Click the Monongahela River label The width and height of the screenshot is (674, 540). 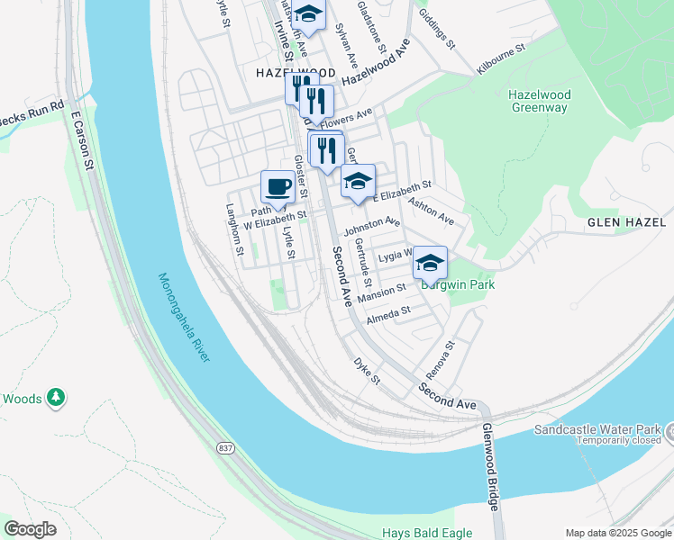(x=183, y=318)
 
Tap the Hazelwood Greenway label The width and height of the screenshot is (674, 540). (x=538, y=101)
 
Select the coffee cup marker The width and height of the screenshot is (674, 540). (x=278, y=187)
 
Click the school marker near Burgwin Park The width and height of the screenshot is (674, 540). (x=430, y=263)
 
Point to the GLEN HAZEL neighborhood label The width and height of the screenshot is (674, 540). (x=624, y=222)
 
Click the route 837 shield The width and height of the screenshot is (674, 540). (x=226, y=447)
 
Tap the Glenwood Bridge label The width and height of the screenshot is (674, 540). (x=489, y=467)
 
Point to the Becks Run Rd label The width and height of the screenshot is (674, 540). (x=32, y=112)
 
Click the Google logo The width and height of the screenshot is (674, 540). (x=32, y=528)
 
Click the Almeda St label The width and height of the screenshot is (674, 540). (x=388, y=315)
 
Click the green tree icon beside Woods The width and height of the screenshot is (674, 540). (x=56, y=397)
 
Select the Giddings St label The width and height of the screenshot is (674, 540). (x=439, y=30)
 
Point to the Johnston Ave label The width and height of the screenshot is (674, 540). (x=371, y=224)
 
